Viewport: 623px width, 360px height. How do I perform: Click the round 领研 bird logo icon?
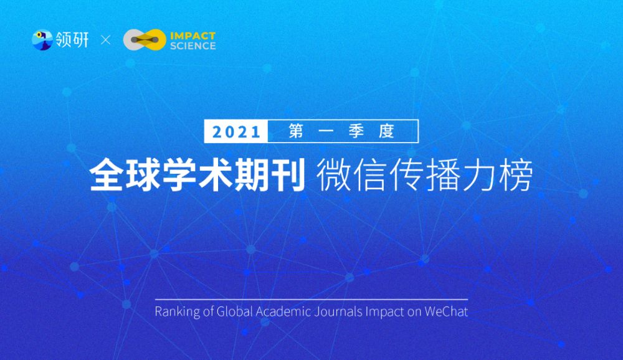[x=42, y=40]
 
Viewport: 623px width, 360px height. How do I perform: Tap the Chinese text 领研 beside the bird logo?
[x=72, y=40]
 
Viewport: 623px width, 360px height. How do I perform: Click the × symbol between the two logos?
[x=106, y=40]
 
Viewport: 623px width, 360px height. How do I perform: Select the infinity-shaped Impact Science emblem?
[x=145, y=40]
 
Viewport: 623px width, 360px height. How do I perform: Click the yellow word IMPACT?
[x=193, y=36]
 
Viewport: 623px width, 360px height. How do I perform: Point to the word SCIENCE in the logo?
[x=193, y=45]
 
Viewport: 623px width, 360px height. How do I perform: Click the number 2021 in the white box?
[x=236, y=131]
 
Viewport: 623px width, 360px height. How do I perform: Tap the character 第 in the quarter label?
[x=297, y=131]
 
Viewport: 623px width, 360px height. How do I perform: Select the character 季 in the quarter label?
[x=356, y=131]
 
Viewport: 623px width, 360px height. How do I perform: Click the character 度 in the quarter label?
[x=386, y=131]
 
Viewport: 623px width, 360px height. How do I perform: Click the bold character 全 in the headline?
[x=106, y=174]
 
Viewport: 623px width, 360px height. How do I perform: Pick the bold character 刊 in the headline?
[x=288, y=174]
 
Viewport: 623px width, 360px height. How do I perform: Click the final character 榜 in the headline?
[x=516, y=175]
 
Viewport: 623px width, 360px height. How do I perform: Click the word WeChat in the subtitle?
[x=446, y=311]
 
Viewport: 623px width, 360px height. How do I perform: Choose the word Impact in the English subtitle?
[x=384, y=312]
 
